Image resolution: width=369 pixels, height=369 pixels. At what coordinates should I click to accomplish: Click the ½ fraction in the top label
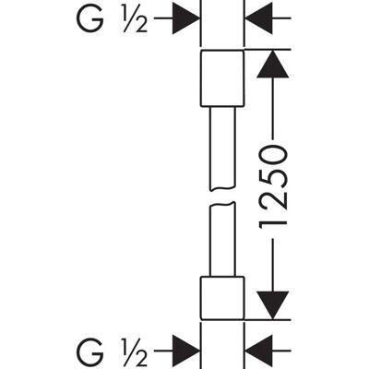[x=134, y=19]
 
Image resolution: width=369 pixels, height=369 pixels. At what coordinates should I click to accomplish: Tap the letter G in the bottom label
[x=89, y=351]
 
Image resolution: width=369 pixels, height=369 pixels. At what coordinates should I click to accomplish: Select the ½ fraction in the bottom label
[x=134, y=351]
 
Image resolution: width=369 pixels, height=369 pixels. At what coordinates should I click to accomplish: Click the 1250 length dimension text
[x=273, y=187]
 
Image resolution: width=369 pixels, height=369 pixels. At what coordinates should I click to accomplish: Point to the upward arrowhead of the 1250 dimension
[x=273, y=64]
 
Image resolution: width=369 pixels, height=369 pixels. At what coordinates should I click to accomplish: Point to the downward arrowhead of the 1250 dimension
[x=273, y=305]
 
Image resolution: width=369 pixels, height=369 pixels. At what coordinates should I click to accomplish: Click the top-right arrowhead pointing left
[x=258, y=18]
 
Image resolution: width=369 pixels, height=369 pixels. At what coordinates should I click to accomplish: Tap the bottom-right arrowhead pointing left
[x=258, y=351]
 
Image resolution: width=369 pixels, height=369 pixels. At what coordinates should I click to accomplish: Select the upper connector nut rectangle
[x=222, y=78]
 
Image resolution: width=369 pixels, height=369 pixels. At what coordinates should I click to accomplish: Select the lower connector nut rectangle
[x=222, y=298]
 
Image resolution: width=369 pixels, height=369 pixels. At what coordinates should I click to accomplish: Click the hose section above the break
[x=222, y=149]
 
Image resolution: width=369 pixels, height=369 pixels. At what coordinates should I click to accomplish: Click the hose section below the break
[x=222, y=239]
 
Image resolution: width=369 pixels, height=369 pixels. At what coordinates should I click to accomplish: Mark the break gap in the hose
[x=222, y=196]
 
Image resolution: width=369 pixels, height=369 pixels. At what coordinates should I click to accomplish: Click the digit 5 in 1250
[x=273, y=176]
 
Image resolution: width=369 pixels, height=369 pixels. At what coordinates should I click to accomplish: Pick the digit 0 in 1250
[x=273, y=156]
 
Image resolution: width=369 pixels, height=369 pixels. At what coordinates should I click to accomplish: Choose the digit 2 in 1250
[x=273, y=198]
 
